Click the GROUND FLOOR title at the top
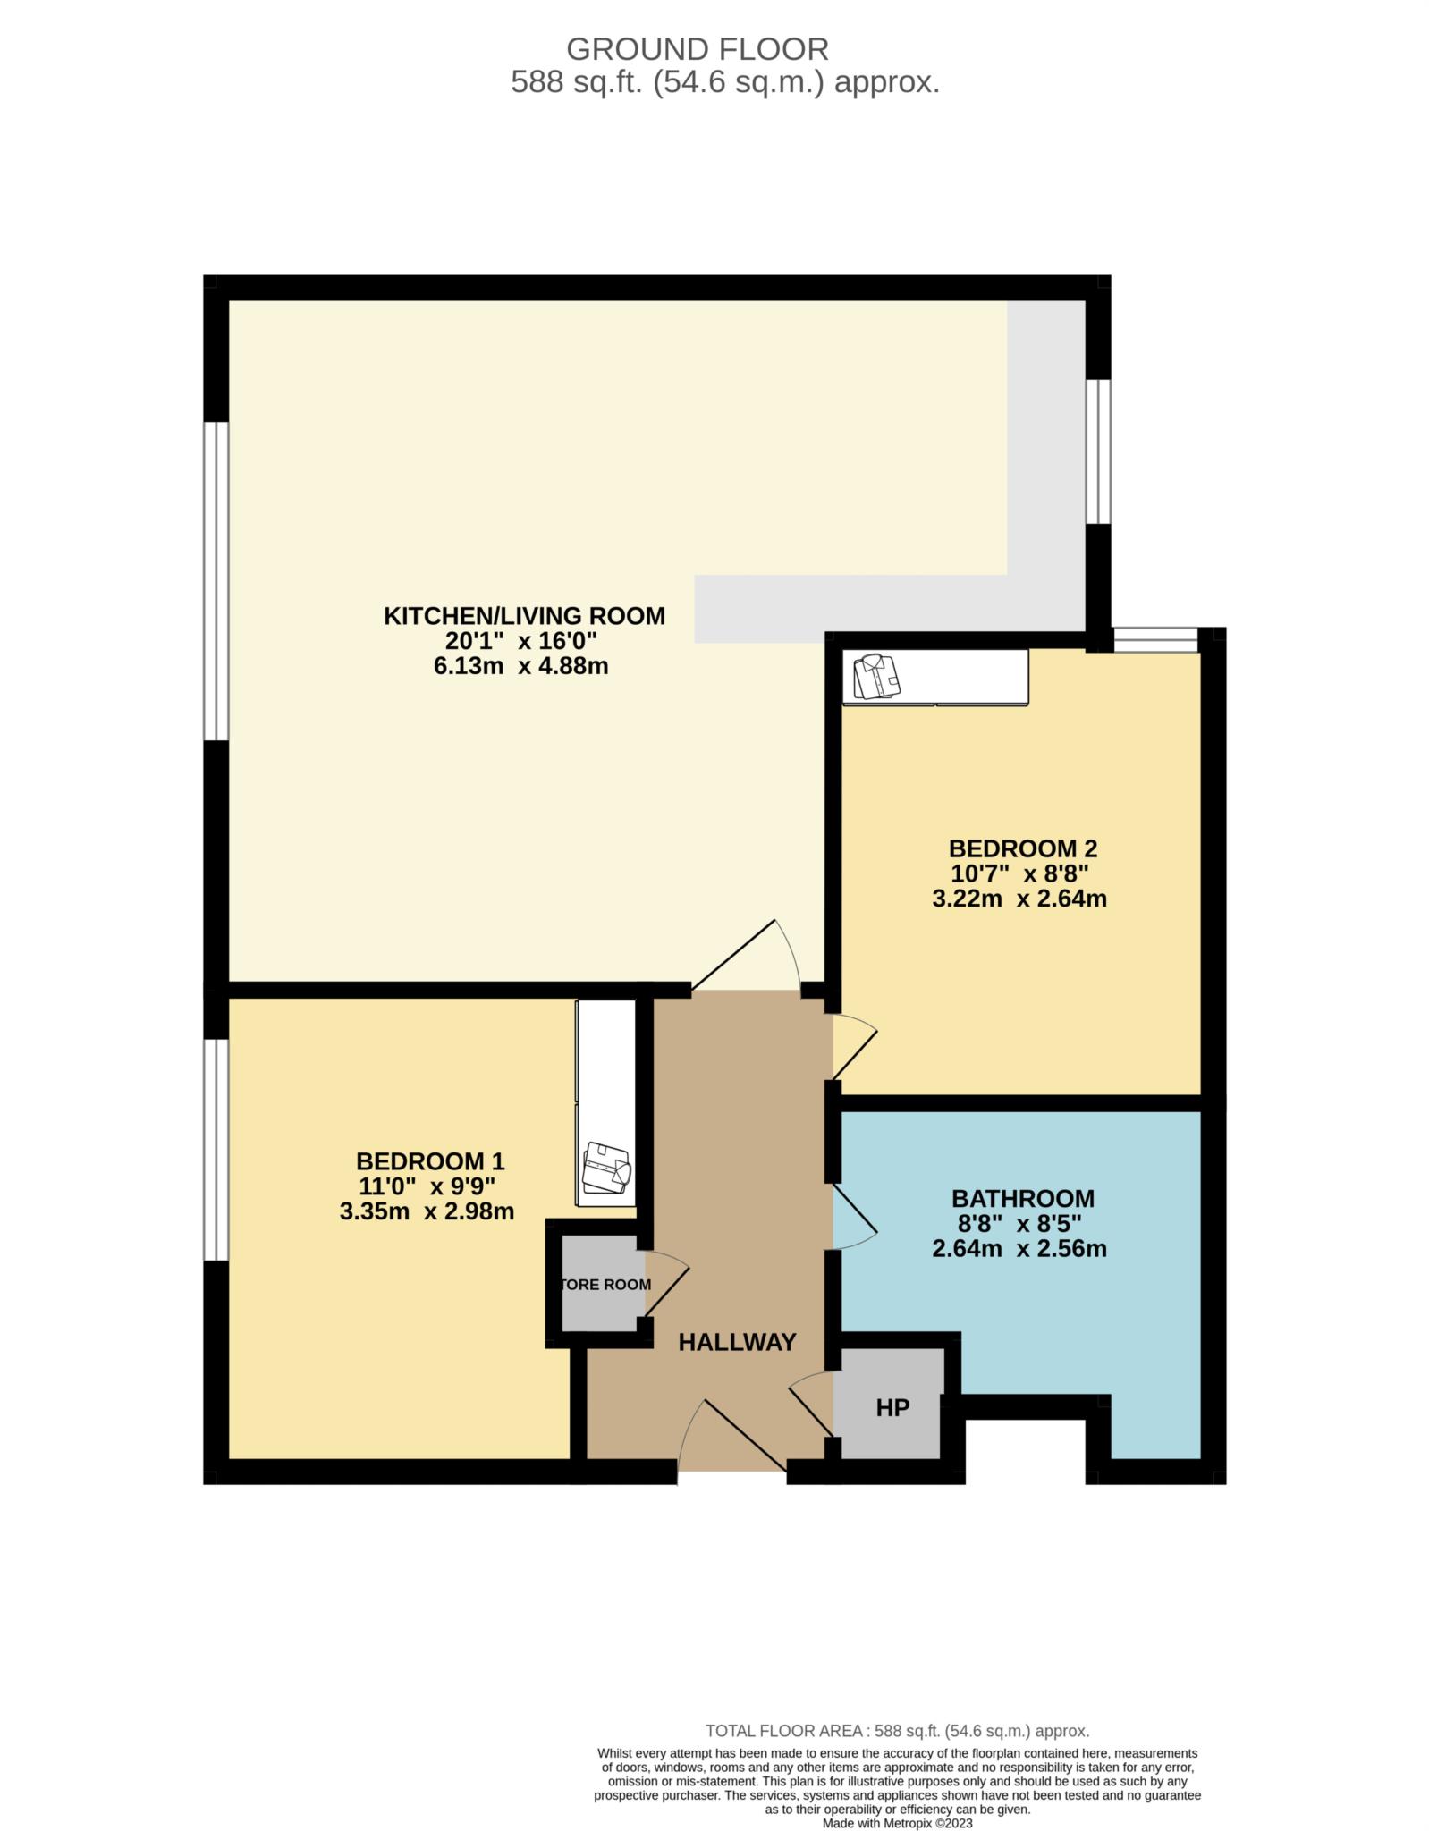(x=698, y=48)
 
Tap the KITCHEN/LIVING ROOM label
(x=524, y=616)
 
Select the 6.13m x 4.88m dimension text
(x=520, y=666)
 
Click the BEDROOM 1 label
(x=430, y=1161)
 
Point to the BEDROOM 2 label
(x=1023, y=848)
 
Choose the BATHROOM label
(x=1023, y=1198)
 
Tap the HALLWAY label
(x=737, y=1342)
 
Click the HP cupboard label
(x=892, y=1408)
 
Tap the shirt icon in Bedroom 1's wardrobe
(x=606, y=1167)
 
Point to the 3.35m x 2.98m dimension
(x=427, y=1212)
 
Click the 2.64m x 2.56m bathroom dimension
(x=1019, y=1248)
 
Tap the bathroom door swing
(x=855, y=1216)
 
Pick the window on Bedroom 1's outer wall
(x=216, y=1150)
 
